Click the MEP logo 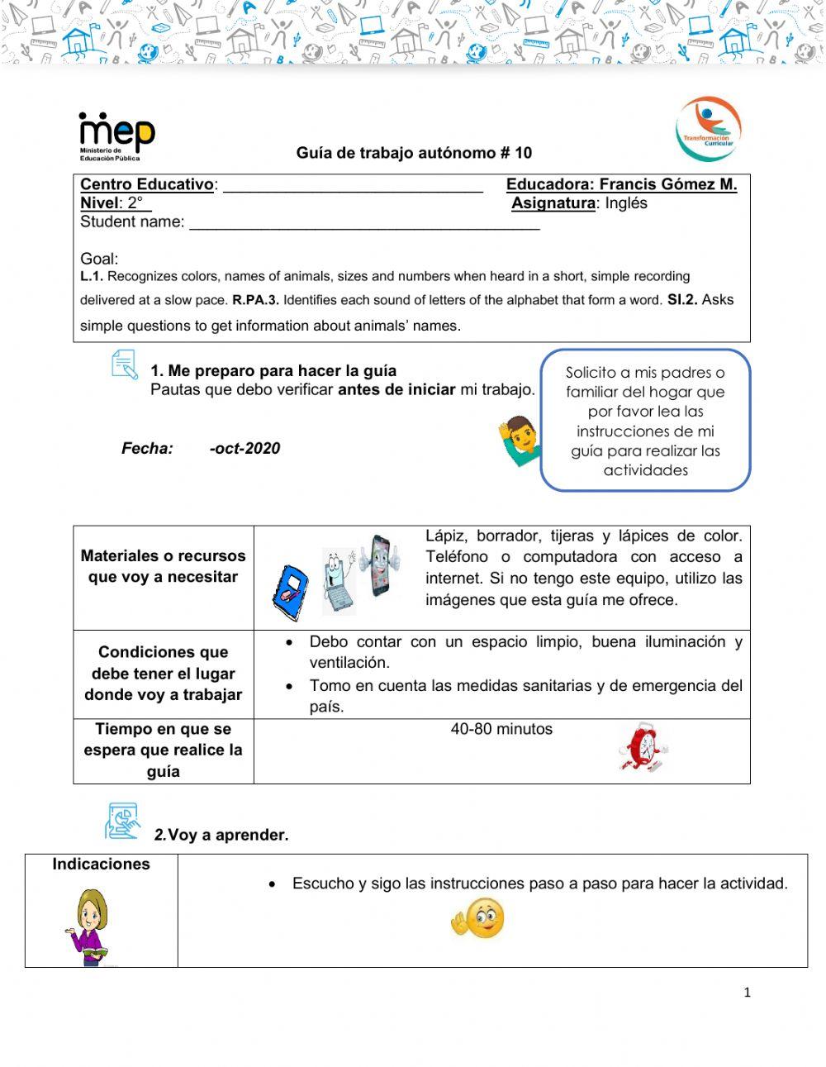[x=116, y=135]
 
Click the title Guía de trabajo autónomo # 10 [x=414, y=153]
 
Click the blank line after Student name [x=364, y=223]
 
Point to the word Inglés [x=626, y=203]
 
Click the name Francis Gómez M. [x=667, y=184]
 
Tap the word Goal [x=99, y=259]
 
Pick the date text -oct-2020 [x=244, y=449]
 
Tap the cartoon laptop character [x=339, y=579]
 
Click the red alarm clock [x=643, y=747]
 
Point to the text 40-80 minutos [x=501, y=730]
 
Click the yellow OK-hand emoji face [x=478, y=919]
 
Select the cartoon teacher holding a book [x=89, y=926]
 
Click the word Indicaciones [x=101, y=865]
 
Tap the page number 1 [x=747, y=993]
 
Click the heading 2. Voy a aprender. [x=221, y=836]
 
